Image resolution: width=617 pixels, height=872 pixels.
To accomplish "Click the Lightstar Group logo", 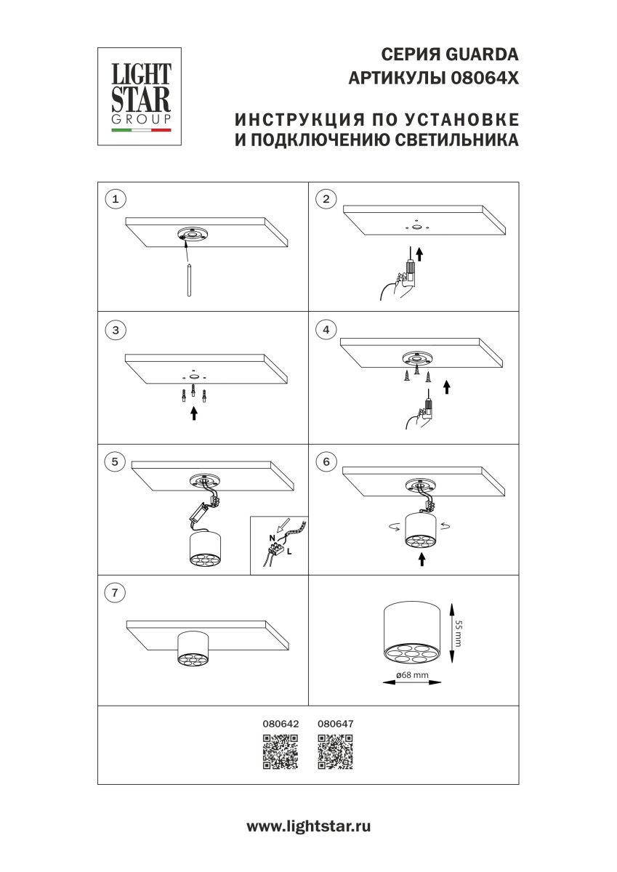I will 140,97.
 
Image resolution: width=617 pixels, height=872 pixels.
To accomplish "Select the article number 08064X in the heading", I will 486,78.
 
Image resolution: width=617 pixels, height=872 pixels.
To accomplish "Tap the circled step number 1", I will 115,198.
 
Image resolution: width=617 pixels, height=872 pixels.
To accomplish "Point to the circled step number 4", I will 326,330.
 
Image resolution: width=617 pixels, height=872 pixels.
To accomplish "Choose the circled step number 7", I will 115,593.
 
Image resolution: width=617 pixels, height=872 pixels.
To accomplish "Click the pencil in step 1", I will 189,279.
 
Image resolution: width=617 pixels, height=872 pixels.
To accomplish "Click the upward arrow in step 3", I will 193,413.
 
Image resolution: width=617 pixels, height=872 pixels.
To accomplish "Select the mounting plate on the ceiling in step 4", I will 416,359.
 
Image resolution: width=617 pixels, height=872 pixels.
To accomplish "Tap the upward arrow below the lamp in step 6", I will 421,560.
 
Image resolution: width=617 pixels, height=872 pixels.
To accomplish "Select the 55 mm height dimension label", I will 459,632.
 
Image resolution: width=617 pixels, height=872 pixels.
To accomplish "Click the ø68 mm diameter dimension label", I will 412,676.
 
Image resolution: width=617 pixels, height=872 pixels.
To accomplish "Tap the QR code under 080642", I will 280,751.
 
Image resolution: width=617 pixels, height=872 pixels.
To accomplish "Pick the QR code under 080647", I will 336,751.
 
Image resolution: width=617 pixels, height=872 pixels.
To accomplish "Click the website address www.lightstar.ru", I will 308,826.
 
